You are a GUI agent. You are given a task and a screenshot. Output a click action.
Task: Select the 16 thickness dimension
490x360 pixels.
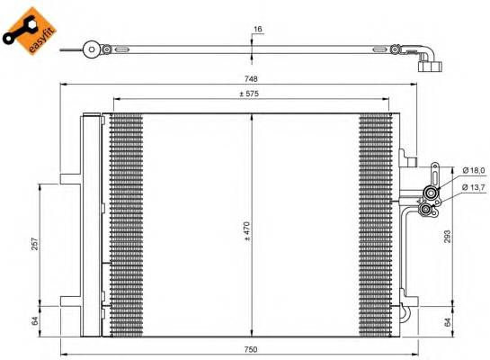pos(258,30)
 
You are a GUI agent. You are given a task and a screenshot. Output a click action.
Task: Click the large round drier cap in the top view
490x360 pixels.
pos(91,50)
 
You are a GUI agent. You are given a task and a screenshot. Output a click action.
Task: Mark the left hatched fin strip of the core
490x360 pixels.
pos(125,225)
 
